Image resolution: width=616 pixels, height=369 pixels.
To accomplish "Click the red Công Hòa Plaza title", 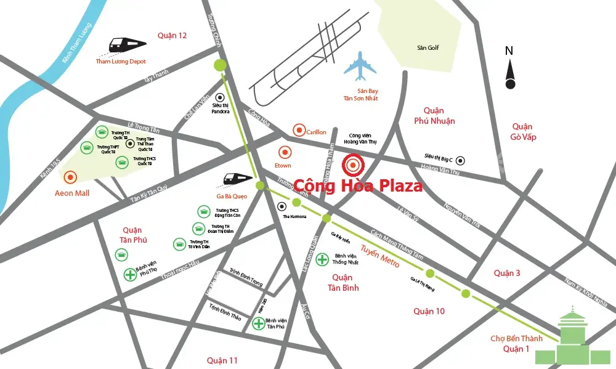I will pos(358,185).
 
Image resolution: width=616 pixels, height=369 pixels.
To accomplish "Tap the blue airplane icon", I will pos(360,67).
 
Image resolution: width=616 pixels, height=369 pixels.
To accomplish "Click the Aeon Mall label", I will pos(73,193).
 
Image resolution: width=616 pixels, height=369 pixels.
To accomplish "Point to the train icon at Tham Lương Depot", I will pos(128,44).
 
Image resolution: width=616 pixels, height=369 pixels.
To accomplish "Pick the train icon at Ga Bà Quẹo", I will pos(237,179).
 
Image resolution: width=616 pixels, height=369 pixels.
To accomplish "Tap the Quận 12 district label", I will pos(172,35).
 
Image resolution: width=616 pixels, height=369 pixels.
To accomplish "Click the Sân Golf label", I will pos(428,47).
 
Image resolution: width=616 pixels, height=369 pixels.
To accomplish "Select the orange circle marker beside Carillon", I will pos(299,130).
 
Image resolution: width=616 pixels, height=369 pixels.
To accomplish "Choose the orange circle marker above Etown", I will pos(284,152).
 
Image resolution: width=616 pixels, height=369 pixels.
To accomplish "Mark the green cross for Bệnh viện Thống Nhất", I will pos(322,259).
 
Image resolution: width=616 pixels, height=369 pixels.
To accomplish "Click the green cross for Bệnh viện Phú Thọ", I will pos(130,275).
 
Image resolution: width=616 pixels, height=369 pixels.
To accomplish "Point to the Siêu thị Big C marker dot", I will pos(460,160).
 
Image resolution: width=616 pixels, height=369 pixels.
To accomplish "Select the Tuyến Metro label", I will pos(380,256).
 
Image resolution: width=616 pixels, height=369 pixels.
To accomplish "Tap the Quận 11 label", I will pos(222,360).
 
